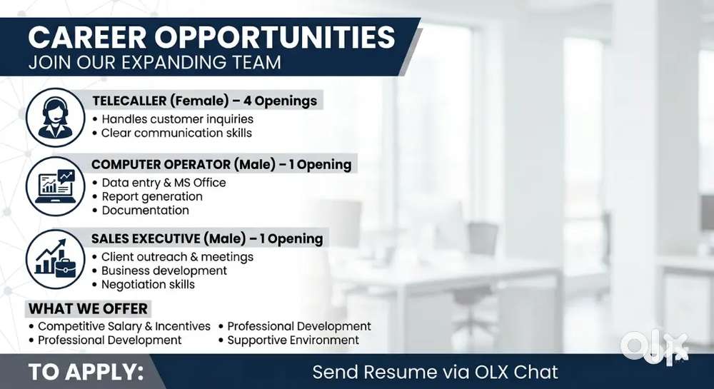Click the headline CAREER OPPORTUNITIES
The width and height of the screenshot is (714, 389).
pyautogui.click(x=211, y=37)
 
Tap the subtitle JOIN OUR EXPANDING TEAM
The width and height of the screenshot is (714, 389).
pyautogui.click(x=154, y=62)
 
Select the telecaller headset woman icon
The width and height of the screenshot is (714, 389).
pyautogui.click(x=55, y=117)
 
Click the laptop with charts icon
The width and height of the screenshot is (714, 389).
pyautogui.click(x=55, y=186)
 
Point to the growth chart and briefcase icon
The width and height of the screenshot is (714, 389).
pyautogui.click(x=55, y=259)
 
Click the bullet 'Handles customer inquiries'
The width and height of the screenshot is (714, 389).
pyautogui.click(x=173, y=119)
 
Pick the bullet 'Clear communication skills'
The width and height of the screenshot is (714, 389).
pyautogui.click(x=172, y=133)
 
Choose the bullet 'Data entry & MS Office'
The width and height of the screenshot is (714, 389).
pyautogui.click(x=159, y=183)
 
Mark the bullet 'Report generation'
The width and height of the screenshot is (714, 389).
pyautogui.click(x=148, y=196)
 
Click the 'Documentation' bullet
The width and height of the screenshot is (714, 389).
pyautogui.click(x=141, y=210)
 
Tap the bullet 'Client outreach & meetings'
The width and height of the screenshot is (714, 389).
pyautogui.click(x=173, y=257)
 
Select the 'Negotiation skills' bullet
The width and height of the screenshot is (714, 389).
pyautogui.click(x=144, y=284)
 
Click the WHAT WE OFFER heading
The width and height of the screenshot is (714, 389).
pyautogui.click(x=88, y=308)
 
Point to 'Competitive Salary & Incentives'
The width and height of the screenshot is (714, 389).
pyautogui.click(x=119, y=326)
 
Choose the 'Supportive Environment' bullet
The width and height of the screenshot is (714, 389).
pyautogui.click(x=288, y=340)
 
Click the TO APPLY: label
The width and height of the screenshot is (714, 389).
pyautogui.click(x=86, y=372)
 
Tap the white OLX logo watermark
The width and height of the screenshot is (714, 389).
pyautogui.click(x=654, y=348)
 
